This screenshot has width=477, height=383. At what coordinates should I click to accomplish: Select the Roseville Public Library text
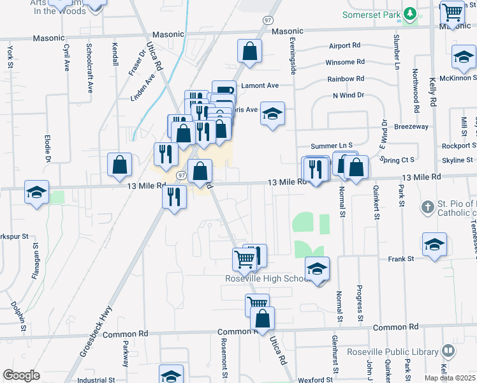[392, 352]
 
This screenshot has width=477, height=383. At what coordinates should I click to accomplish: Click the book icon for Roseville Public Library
[448, 351]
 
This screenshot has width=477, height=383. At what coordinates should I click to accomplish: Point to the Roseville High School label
[267, 278]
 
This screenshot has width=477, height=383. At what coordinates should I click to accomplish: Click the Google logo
[21, 375]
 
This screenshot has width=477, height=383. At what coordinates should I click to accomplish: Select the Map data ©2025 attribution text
[450, 378]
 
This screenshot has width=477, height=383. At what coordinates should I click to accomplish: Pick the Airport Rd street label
[345, 46]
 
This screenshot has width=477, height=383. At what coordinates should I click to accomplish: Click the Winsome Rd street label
[344, 63]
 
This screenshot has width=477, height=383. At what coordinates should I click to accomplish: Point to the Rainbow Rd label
[346, 79]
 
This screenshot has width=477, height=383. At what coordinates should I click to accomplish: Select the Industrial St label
[96, 380]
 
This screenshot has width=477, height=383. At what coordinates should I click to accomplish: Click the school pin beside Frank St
[434, 245]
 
